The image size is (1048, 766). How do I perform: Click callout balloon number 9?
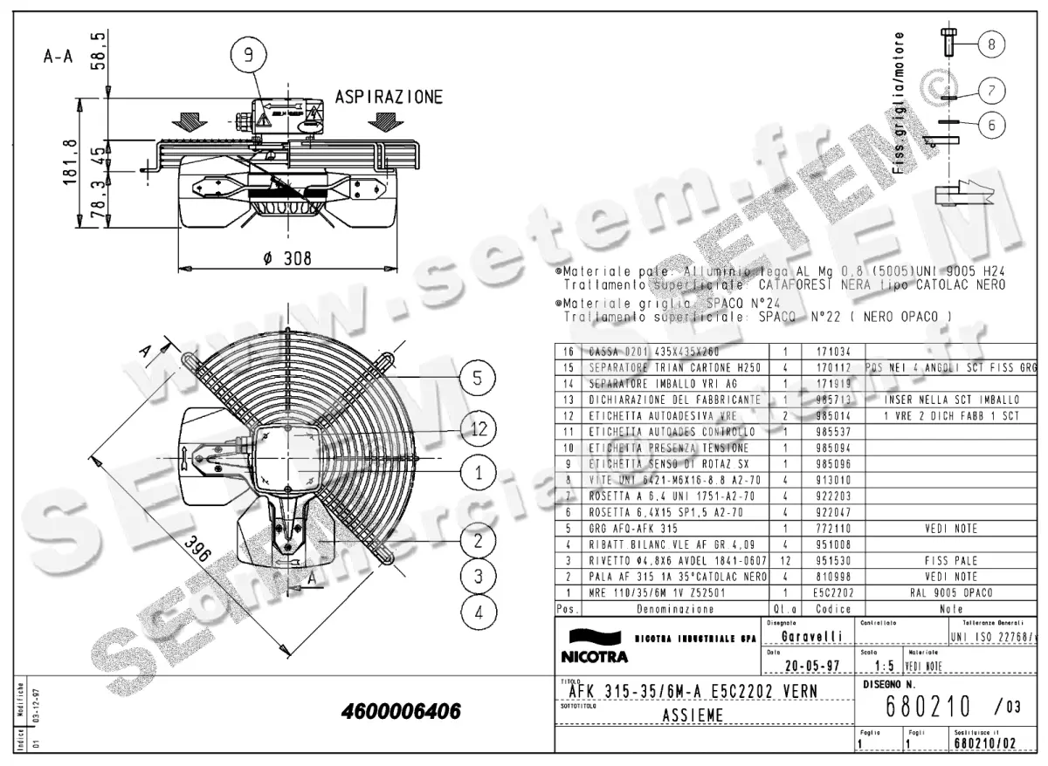[249, 56]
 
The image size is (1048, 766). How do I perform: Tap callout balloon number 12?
[478, 427]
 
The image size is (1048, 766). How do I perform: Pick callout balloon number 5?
[478, 378]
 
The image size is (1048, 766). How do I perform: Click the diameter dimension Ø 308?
[286, 258]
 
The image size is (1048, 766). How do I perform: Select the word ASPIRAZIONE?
[390, 96]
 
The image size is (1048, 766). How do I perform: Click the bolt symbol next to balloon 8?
[948, 42]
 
